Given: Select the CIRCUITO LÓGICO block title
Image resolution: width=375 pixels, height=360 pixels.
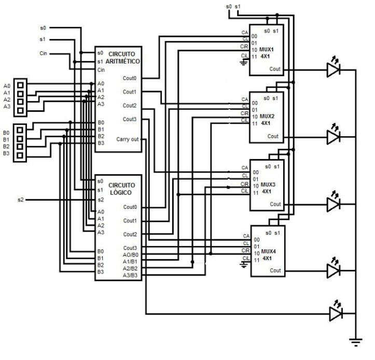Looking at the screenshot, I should point(122,189).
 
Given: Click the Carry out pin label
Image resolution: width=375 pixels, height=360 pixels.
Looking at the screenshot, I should point(127,139).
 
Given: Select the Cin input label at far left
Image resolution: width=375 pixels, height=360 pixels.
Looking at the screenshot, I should point(44,53).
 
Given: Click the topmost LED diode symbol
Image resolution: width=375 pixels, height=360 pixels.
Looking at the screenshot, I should point(334,69).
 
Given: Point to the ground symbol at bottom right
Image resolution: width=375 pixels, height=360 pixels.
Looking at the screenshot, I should point(355,341).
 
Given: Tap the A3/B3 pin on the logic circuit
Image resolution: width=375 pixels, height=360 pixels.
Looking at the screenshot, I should point(130,275).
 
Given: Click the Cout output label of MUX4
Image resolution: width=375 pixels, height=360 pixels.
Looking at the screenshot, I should point(275,270).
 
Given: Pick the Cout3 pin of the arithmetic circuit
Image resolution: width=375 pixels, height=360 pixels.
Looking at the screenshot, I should point(130,119).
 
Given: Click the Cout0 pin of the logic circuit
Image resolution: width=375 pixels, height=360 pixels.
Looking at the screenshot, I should point(130,207).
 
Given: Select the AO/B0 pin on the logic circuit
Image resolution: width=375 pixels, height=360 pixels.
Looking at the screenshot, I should point(130,255).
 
